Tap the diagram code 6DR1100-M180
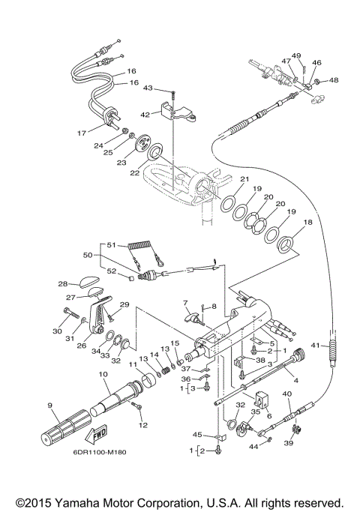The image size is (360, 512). coord(99,452)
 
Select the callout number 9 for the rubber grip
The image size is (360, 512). coord(49,406)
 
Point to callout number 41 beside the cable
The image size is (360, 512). coord(315,345)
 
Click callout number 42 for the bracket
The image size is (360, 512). coord(145,115)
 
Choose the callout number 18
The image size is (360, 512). coord(307,222)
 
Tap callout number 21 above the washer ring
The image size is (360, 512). coord(244,178)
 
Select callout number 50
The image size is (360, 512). coord(88,255)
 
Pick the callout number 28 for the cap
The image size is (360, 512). coord(63,284)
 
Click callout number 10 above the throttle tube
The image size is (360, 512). coord(103,374)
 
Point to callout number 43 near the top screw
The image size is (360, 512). coord(148,88)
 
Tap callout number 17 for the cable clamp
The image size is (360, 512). coord(82,133)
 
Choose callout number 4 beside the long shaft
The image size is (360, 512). coord(296,380)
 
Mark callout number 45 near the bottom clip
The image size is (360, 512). coord(197,435)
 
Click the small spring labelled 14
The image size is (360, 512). coord(166,370)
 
